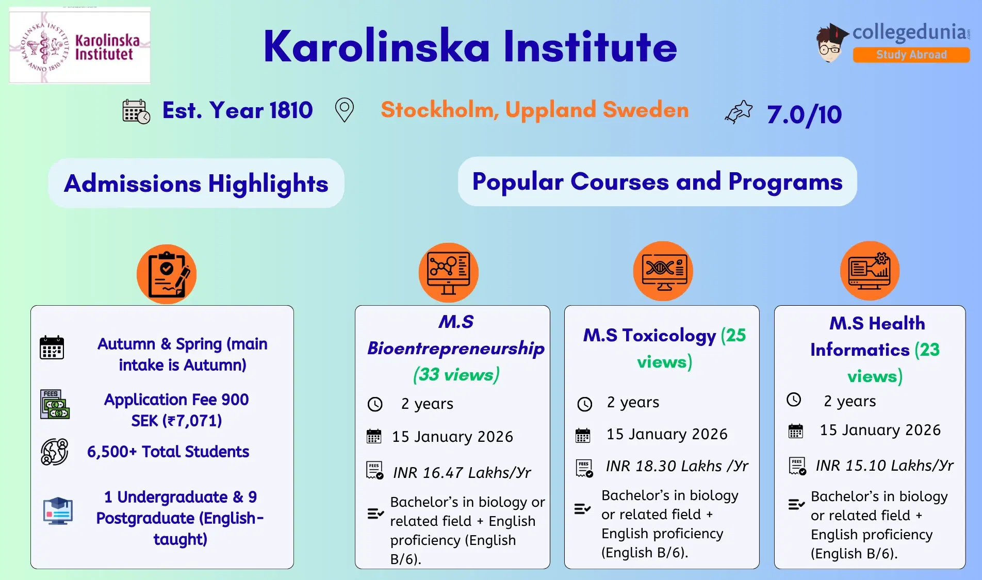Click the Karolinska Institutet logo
point(80,46)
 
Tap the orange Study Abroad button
point(911,55)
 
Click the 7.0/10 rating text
point(804,114)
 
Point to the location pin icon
point(344,110)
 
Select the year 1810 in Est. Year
point(291,110)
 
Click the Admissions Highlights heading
point(196,184)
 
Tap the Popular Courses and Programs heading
point(657,181)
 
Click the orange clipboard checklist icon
point(167,274)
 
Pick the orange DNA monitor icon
point(663,271)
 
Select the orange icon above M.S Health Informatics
point(870,271)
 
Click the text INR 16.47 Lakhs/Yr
point(462,472)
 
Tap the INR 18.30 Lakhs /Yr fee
point(677,466)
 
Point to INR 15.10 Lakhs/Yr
point(884,466)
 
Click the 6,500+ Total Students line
point(168,452)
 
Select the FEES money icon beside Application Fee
point(54,404)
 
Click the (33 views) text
point(456,374)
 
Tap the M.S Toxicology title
point(649,336)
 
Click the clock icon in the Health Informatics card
point(794,400)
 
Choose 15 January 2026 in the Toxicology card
point(667,434)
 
